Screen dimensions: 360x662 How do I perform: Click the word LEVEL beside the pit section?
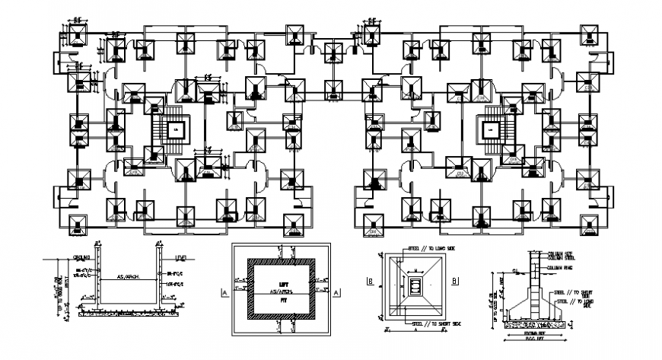181,257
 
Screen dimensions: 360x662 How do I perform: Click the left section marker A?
224,292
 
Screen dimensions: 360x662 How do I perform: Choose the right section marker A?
336,292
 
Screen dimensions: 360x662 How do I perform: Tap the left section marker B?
369,280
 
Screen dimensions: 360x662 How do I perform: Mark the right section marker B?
455,280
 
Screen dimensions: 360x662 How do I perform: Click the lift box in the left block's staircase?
176,130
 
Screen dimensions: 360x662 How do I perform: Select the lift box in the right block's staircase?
490,130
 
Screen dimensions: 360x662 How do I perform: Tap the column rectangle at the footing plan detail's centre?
415,286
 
